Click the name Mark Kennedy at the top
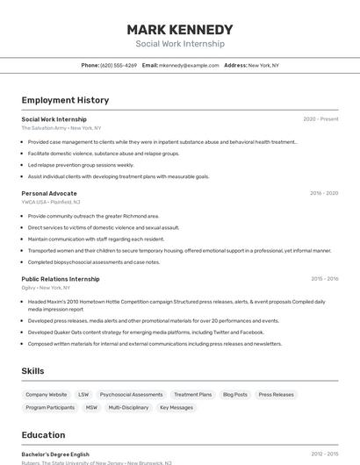(179, 29)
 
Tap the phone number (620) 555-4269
(119, 65)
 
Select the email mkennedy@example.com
(189, 65)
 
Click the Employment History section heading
(65, 100)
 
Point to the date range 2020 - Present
(320, 119)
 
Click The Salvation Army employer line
(61, 128)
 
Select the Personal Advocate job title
(49, 193)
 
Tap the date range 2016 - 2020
(323, 193)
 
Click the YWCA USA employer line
(51, 202)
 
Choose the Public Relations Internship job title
(61, 279)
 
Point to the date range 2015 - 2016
(324, 279)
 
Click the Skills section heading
(33, 371)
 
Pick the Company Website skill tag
(47, 395)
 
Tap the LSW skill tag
(83, 395)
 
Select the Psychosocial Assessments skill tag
(131, 395)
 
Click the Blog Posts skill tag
(234, 395)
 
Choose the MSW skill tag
(91, 408)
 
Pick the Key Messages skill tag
(176, 408)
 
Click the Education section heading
(43, 434)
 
